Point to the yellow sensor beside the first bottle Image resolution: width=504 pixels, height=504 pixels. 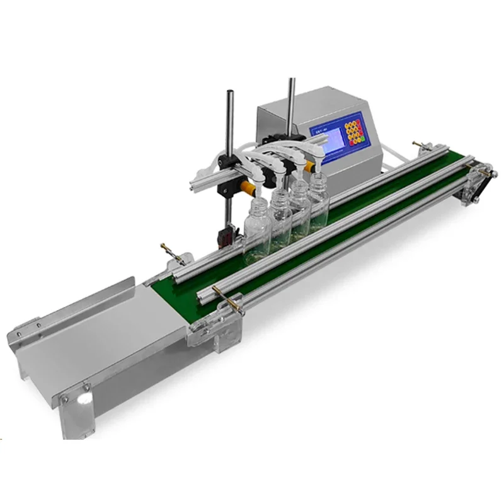click(247, 188)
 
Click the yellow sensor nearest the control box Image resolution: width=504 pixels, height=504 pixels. click(311, 168)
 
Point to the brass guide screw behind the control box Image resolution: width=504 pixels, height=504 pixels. click(418, 146)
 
